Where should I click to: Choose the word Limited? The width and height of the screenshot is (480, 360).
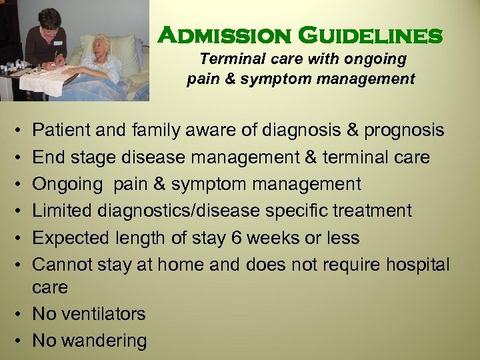point(63,211)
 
